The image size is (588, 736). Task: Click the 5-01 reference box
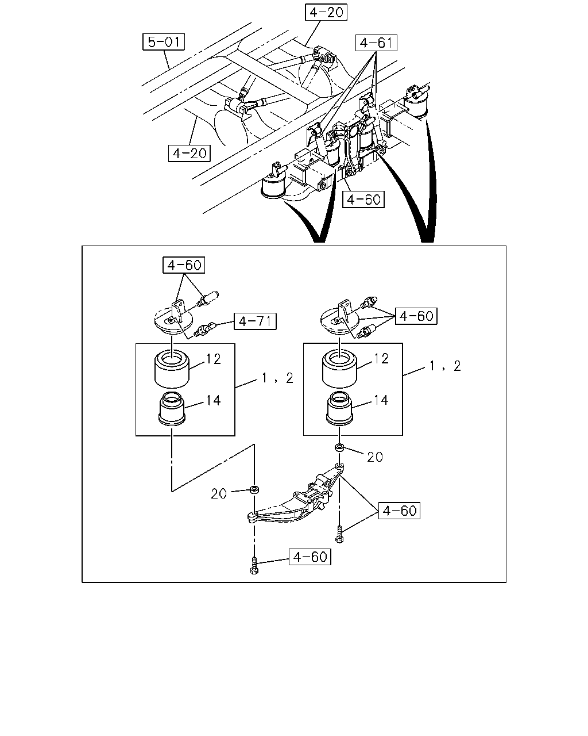[164, 42]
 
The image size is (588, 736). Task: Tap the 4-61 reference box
[376, 43]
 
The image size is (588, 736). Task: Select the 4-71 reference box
[255, 321]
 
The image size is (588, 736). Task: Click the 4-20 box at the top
[326, 12]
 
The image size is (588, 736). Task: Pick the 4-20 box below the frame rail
[189, 153]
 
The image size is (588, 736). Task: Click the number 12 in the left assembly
[213, 359]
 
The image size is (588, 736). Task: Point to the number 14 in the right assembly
[381, 400]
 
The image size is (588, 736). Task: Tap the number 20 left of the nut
[219, 493]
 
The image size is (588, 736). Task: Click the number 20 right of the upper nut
[375, 457]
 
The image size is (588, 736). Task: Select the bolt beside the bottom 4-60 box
[254, 565]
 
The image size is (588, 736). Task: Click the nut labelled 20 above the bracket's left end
[254, 489]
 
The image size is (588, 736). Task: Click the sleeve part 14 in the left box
[172, 409]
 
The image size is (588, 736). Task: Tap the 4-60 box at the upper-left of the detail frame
[184, 264]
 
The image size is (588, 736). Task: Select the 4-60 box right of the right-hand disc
[416, 316]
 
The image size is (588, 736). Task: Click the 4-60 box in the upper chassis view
[363, 200]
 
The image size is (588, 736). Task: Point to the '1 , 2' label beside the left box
[277, 378]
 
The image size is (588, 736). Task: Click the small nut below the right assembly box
[339, 447]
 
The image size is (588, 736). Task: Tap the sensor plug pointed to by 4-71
[204, 329]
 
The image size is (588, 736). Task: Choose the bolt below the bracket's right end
[339, 534]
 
